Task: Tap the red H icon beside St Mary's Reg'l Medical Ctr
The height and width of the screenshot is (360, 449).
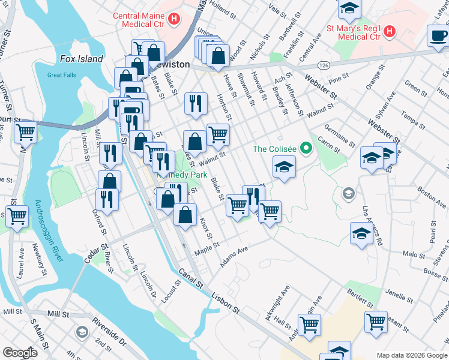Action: pyautogui.click(x=389, y=30)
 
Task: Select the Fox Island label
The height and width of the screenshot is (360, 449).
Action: pyautogui.click(x=82, y=59)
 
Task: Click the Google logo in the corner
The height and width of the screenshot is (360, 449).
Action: pyautogui.click(x=20, y=353)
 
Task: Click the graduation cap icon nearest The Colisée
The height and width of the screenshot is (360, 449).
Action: pyautogui.click(x=285, y=166)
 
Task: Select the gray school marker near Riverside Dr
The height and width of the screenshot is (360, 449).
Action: pyautogui.click(x=82, y=332)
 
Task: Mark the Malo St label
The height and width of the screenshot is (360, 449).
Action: pyautogui.click(x=414, y=254)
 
